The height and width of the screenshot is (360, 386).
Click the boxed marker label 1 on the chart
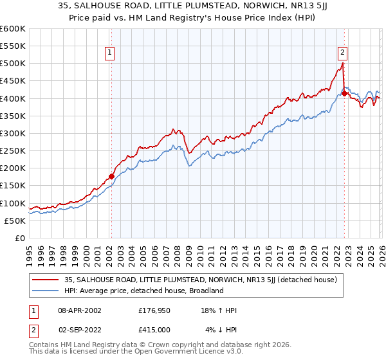coord(111,53)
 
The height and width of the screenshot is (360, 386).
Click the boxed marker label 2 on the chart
coord(342,53)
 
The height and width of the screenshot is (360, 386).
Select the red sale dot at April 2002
coord(111,176)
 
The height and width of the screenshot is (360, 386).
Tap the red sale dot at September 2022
coord(344,93)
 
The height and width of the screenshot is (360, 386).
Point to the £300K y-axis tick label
coord(13,133)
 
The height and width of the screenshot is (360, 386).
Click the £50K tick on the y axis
coord(15,221)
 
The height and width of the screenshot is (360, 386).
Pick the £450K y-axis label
coord(13,81)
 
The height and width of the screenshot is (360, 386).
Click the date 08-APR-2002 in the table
coord(77,310)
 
